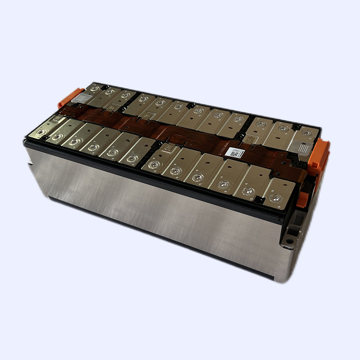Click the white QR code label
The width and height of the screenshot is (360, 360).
coord(234,153)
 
